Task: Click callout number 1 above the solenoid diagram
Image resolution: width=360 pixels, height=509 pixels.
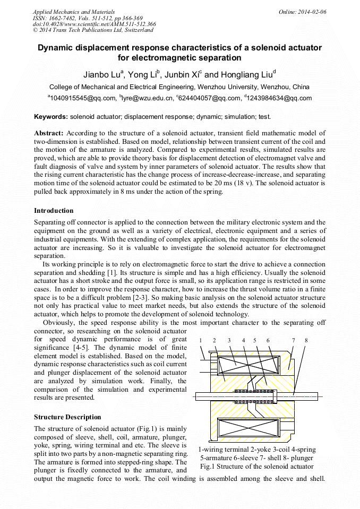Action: [x=201, y=340]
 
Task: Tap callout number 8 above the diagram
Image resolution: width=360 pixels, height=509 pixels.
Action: [x=306, y=340]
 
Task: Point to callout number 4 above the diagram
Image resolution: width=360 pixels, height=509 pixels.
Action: [x=243, y=340]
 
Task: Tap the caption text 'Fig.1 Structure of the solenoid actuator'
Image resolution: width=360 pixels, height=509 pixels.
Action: [x=256, y=467]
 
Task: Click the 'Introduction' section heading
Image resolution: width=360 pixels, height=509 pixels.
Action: [x=54, y=211]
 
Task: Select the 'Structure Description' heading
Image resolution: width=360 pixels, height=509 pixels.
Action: [x=67, y=417]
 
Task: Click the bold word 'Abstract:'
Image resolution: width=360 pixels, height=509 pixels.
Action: [x=49, y=133]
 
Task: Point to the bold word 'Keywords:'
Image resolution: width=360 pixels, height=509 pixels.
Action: [x=51, y=116]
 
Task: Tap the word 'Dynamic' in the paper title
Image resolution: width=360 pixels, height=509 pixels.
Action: [x=58, y=47]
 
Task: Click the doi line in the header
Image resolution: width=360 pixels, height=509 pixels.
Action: [x=94, y=24]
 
